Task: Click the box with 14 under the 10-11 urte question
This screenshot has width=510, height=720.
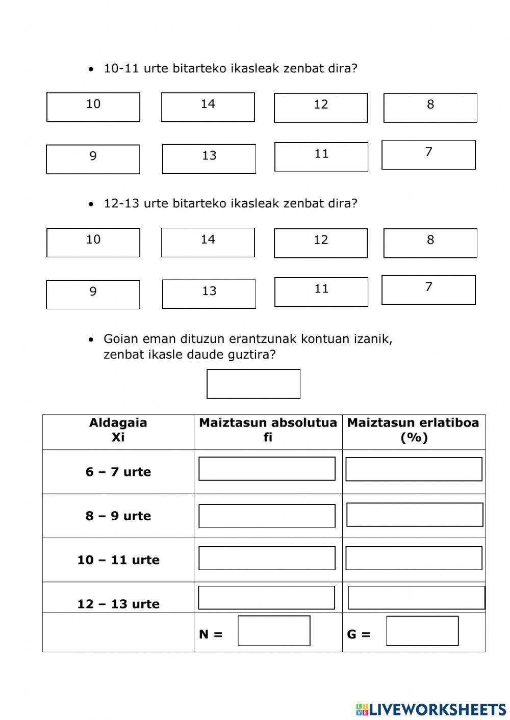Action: click(x=208, y=107)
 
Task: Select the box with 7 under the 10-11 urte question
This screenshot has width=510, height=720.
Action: click(x=428, y=155)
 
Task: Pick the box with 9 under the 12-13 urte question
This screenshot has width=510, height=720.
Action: click(x=93, y=295)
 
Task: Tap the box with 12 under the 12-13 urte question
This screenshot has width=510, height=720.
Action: click(x=320, y=243)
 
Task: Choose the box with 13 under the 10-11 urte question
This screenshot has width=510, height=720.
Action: click(x=209, y=158)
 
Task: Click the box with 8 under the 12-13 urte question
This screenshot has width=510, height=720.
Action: click(x=430, y=243)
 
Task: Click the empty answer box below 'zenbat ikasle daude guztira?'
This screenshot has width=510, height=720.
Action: click(x=253, y=384)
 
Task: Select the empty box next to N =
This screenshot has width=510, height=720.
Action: click(x=274, y=630)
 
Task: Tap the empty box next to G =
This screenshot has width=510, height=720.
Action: click(x=422, y=630)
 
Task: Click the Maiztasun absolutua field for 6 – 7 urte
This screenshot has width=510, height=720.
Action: click(x=267, y=468)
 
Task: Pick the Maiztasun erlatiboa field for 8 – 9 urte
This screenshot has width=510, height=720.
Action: click(x=415, y=515)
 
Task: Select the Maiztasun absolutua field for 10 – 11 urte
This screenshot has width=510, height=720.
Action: click(x=267, y=558)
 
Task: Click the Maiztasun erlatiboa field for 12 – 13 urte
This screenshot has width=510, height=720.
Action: click(x=416, y=597)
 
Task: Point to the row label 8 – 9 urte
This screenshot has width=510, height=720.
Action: click(x=118, y=516)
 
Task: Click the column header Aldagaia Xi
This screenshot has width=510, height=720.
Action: click(x=118, y=430)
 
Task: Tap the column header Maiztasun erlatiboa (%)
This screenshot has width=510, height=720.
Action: click(x=413, y=430)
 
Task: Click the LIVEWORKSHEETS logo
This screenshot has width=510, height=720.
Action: click(x=431, y=709)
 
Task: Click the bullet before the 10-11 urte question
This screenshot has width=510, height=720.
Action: click(x=91, y=69)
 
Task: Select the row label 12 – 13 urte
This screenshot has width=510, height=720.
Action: click(x=118, y=604)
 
